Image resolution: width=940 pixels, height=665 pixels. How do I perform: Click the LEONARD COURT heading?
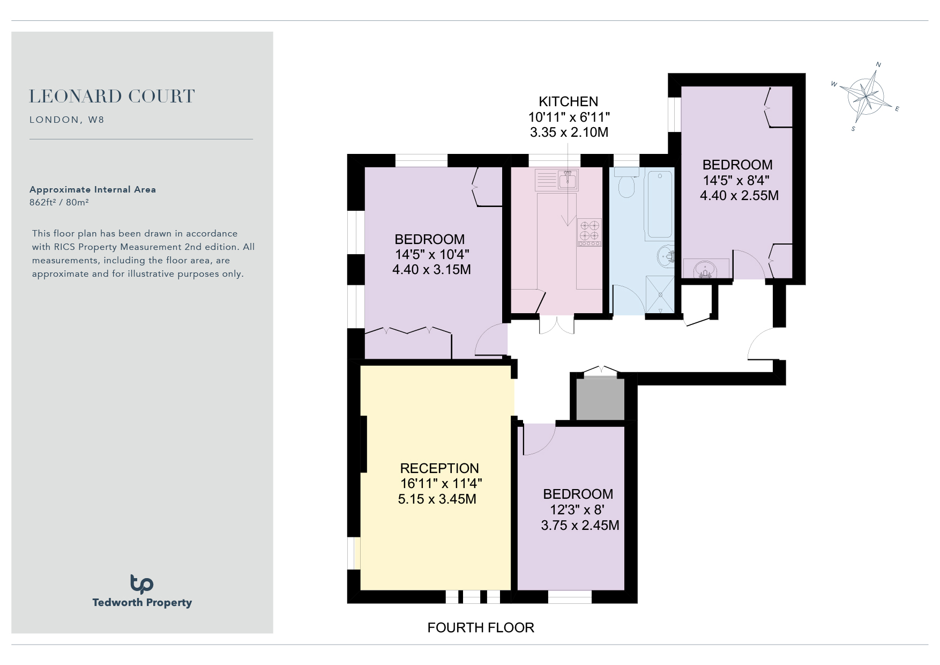click(111, 97)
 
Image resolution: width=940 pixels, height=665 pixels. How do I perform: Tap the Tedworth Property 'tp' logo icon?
click(141, 584)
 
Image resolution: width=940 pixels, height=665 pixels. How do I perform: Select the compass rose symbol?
click(865, 97)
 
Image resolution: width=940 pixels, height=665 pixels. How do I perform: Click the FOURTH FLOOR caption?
click(481, 627)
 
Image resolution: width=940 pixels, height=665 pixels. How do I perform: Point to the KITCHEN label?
click(568, 101)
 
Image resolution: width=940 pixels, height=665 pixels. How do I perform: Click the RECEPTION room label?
click(439, 468)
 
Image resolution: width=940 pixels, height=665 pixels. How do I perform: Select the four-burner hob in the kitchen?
click(590, 232)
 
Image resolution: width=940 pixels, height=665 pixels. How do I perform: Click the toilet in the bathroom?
click(626, 182)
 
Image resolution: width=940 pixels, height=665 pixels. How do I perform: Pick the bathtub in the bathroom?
click(660, 203)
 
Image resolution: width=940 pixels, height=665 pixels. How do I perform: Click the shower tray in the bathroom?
click(660, 294)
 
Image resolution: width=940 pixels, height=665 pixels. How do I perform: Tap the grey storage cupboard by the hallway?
click(600, 399)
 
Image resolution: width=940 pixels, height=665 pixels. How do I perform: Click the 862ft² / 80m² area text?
click(59, 202)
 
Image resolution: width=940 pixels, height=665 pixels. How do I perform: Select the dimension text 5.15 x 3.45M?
click(437, 499)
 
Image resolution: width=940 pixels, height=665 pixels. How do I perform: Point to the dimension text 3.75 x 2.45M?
click(580, 525)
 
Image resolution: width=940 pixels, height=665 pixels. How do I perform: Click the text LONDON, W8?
click(67, 120)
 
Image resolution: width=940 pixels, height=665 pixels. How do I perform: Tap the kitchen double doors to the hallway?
click(557, 324)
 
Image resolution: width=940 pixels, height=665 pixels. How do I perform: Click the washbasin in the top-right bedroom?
click(706, 269)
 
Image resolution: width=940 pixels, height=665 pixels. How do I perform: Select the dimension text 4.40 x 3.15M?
click(431, 269)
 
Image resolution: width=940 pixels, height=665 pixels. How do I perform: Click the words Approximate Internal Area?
click(93, 189)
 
